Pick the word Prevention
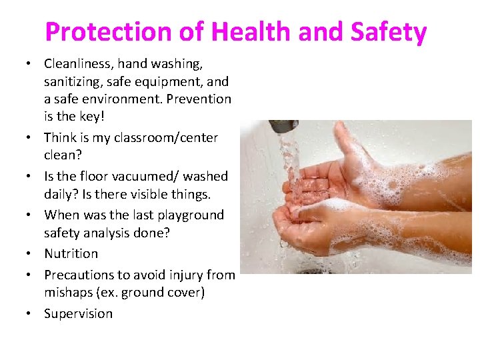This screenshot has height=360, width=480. (199, 99)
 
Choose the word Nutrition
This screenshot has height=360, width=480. (71, 254)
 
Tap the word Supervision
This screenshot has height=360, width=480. (79, 313)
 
